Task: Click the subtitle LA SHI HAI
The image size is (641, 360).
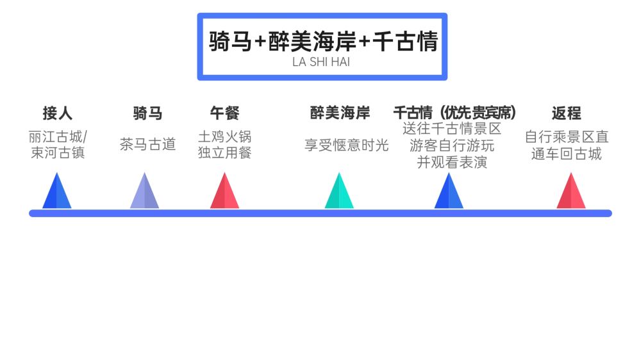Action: click(321, 62)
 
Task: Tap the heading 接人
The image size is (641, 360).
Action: click(58, 114)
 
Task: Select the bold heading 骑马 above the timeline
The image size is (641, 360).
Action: click(147, 114)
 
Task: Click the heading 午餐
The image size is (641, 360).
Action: click(224, 114)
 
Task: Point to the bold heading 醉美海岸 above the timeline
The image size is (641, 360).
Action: click(340, 113)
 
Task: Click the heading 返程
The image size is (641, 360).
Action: click(566, 114)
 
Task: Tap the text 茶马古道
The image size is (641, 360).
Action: click(147, 145)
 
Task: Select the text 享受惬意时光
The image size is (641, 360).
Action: click(347, 145)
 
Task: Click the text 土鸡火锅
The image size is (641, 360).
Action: click(224, 136)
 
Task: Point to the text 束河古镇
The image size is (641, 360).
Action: click(58, 153)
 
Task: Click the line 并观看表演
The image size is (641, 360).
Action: click(452, 162)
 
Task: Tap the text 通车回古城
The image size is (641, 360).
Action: click(567, 154)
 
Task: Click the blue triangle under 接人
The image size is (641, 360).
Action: click(57, 193)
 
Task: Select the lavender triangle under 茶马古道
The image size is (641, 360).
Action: click(144, 193)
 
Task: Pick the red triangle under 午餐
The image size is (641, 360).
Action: click(224, 193)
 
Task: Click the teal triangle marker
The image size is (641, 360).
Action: click(339, 193)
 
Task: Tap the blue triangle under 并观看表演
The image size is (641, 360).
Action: click(449, 193)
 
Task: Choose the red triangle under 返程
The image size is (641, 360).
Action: click(570, 193)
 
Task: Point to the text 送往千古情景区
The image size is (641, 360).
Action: click(452, 129)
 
